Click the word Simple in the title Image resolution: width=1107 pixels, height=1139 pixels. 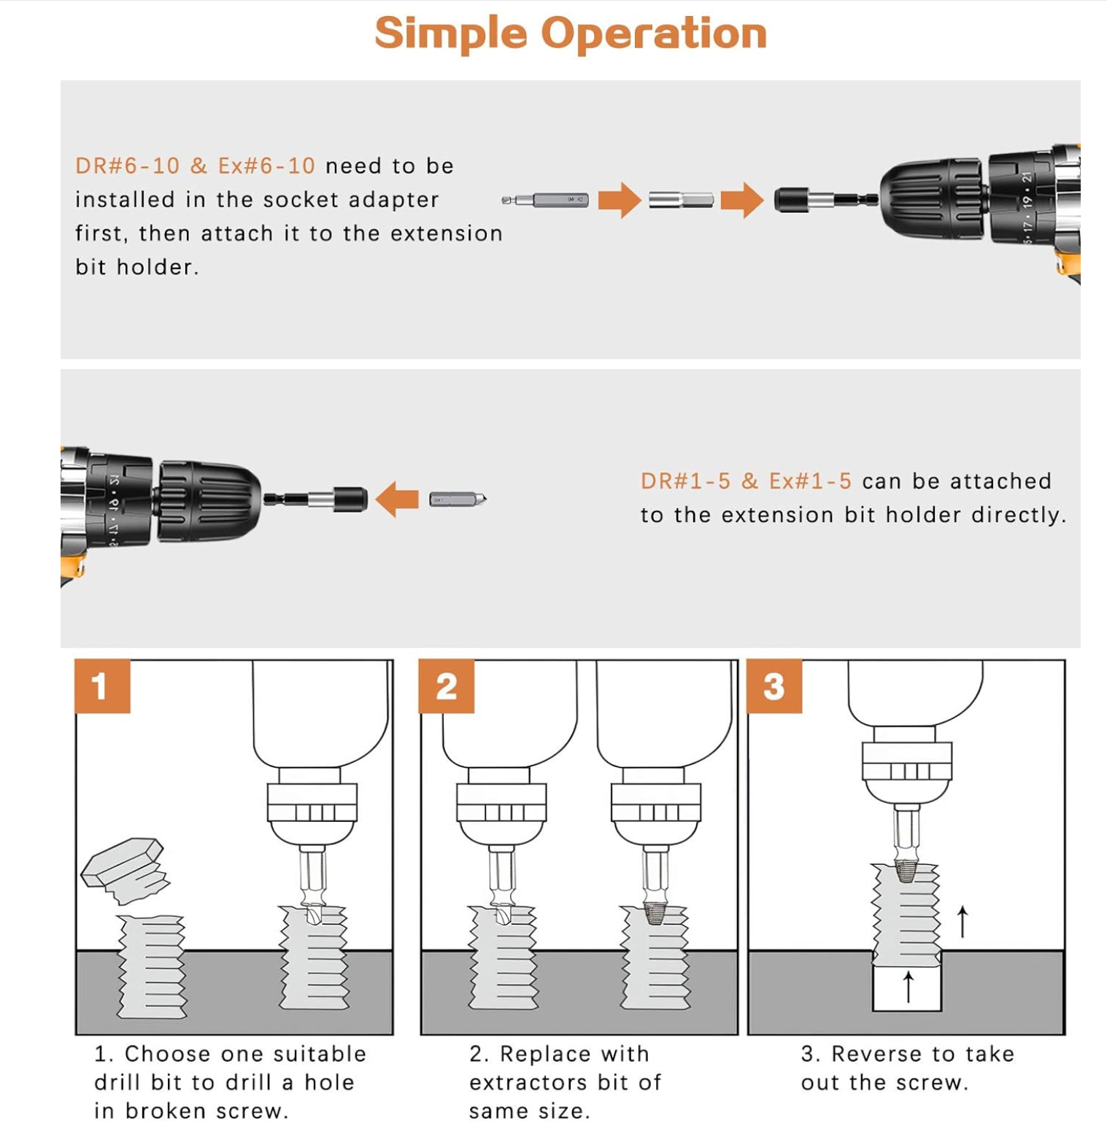pos(450,34)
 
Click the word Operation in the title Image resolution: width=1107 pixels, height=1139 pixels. pos(653,34)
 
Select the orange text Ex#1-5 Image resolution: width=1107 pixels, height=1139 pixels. pos(810,481)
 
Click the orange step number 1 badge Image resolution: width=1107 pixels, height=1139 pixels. pos(102,686)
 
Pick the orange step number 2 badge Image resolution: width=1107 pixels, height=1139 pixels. pos(446,686)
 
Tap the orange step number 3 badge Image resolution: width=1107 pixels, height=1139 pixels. pos(774,686)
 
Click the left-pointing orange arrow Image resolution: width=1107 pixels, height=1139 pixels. pos(397,499)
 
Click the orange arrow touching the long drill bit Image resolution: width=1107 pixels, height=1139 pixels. pos(620,200)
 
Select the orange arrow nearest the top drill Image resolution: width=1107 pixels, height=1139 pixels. pos(741,200)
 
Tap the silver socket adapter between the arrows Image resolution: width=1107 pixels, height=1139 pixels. pos(681,200)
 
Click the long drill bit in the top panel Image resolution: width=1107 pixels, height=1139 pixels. pos(546,200)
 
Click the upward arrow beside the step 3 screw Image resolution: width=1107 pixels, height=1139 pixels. pos(963,922)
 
